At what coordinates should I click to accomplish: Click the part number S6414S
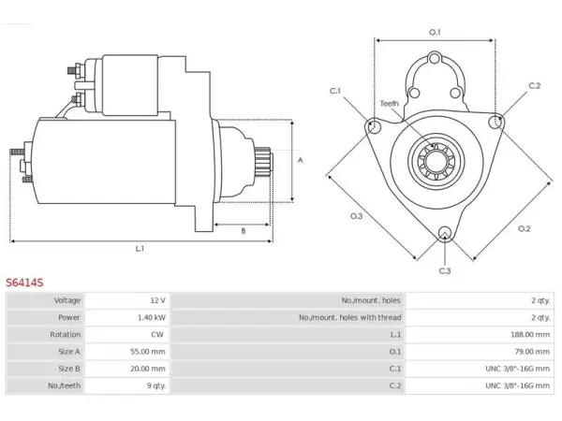coord(24,283)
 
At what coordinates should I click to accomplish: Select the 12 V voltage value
coord(157,300)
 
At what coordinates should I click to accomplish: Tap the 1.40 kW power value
coord(152,317)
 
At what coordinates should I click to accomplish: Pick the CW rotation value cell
coord(157,334)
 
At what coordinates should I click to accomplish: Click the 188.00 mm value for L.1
coord(530,334)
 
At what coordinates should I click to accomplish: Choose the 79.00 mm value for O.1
coord(532,352)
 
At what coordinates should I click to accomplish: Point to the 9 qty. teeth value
coord(156,385)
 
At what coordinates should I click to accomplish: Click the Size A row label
coord(69,352)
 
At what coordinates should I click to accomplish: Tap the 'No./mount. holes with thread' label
coord(350,317)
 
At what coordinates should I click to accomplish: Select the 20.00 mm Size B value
coord(148,369)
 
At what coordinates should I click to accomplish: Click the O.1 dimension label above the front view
coord(435,32)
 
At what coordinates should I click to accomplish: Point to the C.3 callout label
coord(445,270)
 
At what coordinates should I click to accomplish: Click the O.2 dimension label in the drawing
coord(524,228)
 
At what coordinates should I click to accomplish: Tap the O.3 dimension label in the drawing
coord(356,216)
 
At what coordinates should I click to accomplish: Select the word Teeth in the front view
coord(390,104)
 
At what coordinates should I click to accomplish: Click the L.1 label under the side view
coord(140,248)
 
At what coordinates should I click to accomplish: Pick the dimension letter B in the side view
coord(244,231)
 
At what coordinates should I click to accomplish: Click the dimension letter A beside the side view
coord(301,160)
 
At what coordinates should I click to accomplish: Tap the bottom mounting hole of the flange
coord(445,233)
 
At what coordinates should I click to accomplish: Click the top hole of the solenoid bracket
coord(435,58)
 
